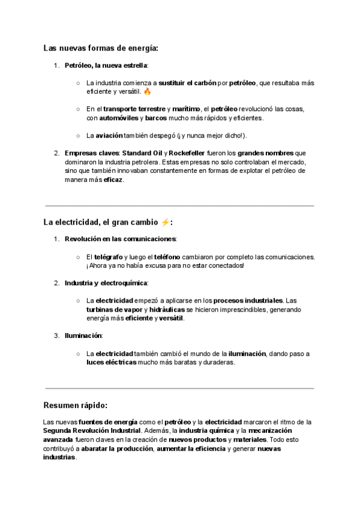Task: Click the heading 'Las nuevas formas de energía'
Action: [x=101, y=48]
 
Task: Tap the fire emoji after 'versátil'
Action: [x=148, y=92]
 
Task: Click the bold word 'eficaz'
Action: [x=113, y=179]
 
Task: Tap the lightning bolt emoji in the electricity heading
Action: [x=165, y=223]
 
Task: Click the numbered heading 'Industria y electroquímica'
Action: [x=106, y=283]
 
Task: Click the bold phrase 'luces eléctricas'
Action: [x=111, y=363]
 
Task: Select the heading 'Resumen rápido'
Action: [x=76, y=405]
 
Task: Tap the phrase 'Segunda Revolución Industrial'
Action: [x=91, y=431]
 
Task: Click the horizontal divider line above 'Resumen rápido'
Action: [x=179, y=388]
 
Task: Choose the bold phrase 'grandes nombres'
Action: [x=266, y=153]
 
